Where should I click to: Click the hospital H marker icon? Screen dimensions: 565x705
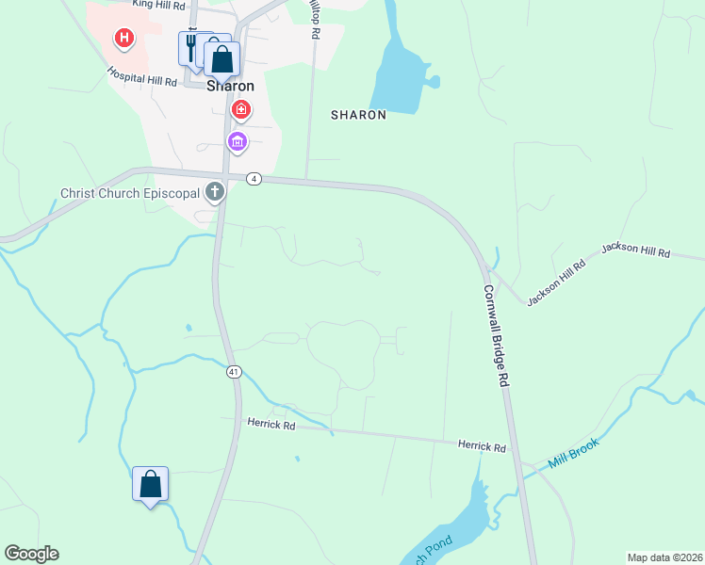pos(123,39)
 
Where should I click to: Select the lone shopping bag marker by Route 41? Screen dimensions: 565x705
pos(150,485)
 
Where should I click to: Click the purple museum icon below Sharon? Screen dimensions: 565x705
pos(237,142)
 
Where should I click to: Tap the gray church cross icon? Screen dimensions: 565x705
pos(215,193)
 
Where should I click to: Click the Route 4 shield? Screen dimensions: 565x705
pos(254,179)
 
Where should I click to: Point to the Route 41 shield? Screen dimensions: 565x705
pos(233,372)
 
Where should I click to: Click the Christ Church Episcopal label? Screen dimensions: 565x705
pos(130,193)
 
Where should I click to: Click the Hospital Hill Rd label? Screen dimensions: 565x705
pos(142,76)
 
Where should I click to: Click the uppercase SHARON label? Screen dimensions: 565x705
pos(358,115)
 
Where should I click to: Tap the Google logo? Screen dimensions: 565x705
pos(31,554)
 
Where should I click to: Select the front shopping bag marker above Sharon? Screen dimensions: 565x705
pos(221,59)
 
